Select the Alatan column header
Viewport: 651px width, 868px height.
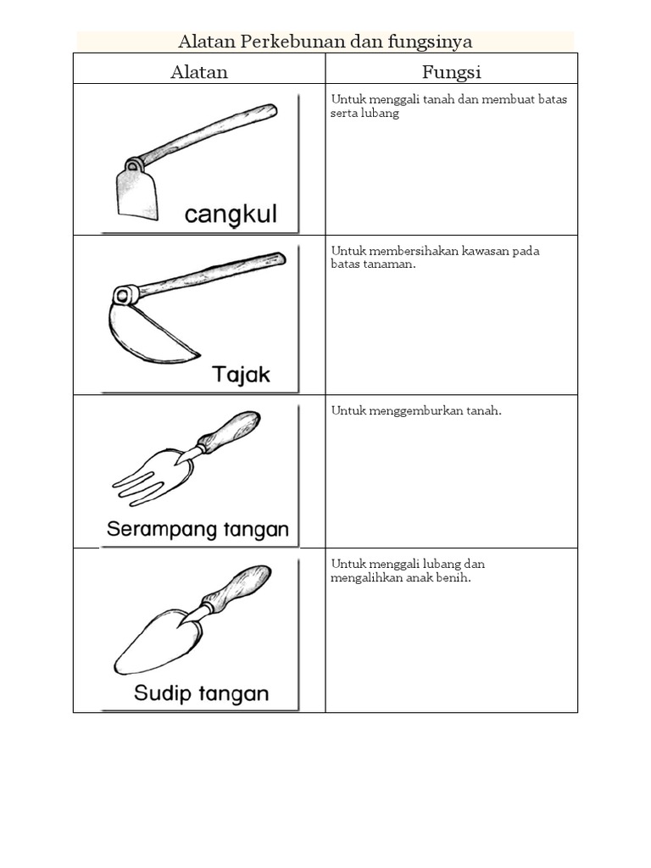[x=198, y=72]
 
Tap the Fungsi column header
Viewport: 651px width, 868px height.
[x=451, y=72]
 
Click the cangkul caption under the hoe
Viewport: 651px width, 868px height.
[x=231, y=214]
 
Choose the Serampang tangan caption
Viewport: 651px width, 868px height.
[x=198, y=529]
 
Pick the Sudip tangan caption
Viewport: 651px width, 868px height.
[x=202, y=693]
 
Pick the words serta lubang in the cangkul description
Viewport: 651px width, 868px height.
[x=364, y=114]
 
